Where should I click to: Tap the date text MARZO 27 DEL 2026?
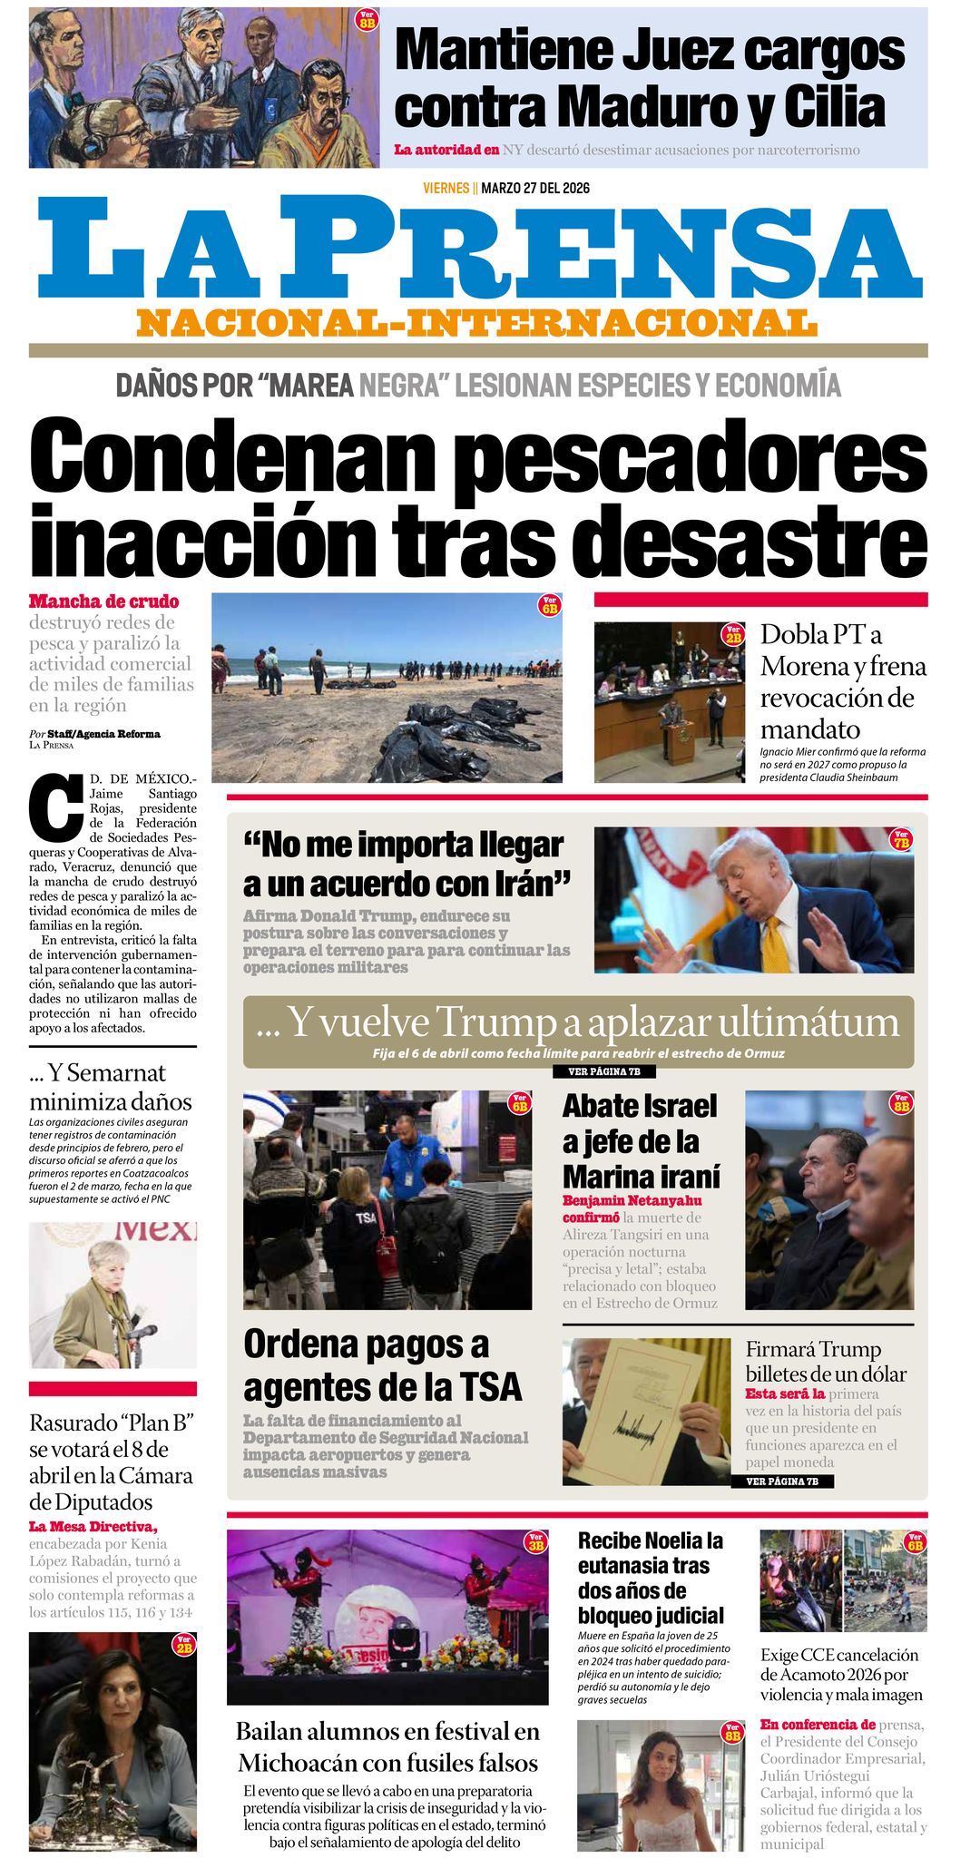[535, 188]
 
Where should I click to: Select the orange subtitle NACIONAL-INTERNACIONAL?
[477, 323]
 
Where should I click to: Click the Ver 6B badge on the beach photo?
[549, 605]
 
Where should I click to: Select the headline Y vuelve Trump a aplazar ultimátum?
[578, 1022]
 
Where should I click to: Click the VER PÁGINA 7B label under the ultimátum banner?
[603, 1071]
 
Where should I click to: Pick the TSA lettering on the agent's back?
[366, 1218]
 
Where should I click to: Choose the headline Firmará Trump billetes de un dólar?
[825, 1362]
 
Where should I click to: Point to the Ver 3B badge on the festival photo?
[535, 1541]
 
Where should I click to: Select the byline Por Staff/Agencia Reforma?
[94, 734]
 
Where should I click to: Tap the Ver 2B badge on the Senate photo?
[732, 635]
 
